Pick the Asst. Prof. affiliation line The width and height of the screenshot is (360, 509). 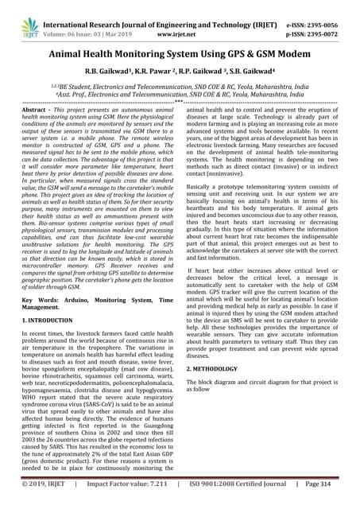pos(180,93)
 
